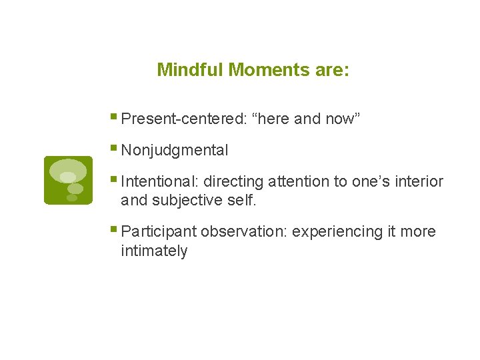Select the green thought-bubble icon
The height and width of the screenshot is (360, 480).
click(68, 180)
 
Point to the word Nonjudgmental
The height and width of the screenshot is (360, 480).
click(175, 151)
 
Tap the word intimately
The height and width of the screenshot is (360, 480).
click(154, 251)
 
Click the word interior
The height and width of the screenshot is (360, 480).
click(419, 181)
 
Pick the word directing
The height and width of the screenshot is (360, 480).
click(234, 181)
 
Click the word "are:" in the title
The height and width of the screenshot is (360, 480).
click(334, 70)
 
